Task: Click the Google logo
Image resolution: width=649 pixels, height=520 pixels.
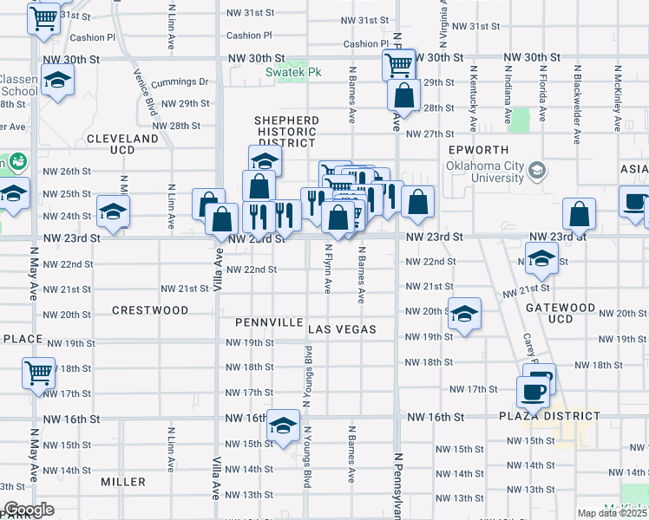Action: click(29, 510)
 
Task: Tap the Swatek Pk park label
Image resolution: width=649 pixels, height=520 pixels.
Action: click(293, 72)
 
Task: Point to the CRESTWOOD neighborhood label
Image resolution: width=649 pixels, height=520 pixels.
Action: click(150, 309)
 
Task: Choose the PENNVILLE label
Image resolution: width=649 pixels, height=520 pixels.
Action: click(269, 322)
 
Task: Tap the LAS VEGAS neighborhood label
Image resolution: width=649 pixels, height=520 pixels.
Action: click(343, 329)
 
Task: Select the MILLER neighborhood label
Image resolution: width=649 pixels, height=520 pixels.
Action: click(123, 481)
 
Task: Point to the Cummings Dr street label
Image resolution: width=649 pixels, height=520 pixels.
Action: click(180, 82)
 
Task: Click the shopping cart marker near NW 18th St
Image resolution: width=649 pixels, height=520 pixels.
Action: click(38, 373)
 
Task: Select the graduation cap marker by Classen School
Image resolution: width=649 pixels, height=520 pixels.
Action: click(58, 81)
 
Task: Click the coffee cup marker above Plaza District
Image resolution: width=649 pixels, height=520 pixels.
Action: click(532, 391)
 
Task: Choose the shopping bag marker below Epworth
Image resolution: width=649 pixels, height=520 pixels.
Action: click(579, 213)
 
